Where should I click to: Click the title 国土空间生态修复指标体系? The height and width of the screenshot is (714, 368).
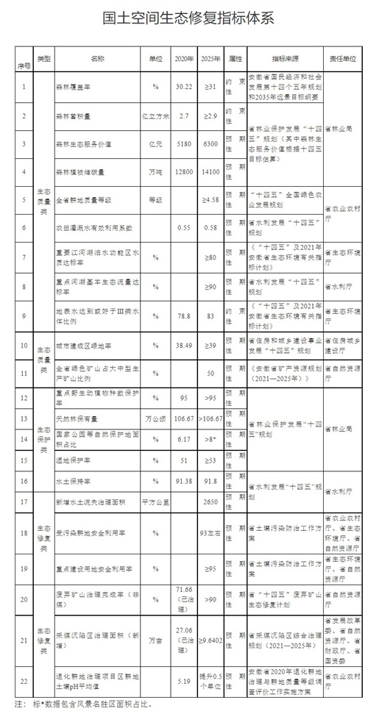click(184, 18)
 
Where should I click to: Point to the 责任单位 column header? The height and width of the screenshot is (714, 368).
click(341, 57)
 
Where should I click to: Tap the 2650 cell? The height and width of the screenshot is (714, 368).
click(211, 501)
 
